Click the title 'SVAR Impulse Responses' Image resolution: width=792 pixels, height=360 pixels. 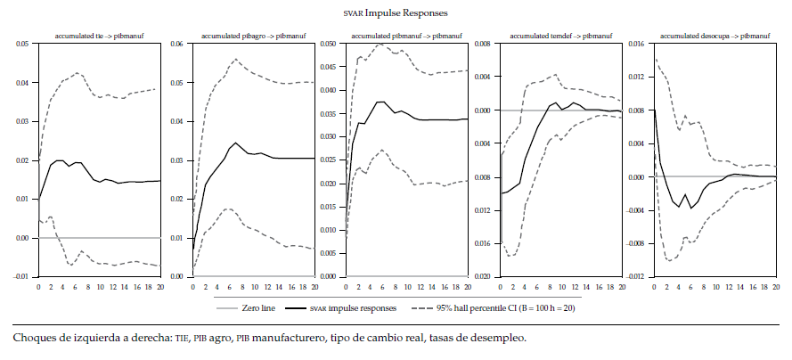[x=396, y=13]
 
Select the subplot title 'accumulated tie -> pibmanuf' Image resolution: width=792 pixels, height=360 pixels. [x=100, y=37]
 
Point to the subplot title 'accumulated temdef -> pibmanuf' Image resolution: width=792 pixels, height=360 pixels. [x=559, y=37]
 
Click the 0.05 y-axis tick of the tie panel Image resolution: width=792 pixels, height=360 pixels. [x=21, y=44]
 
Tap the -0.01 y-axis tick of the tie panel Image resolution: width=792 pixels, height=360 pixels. [x=20, y=276]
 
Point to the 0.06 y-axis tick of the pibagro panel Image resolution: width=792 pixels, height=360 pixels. [x=176, y=44]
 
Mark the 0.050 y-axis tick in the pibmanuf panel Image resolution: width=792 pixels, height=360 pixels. [x=326, y=44]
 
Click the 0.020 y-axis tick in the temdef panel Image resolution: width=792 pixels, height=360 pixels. [x=480, y=276]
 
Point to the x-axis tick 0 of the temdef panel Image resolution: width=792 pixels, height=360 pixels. [x=501, y=286]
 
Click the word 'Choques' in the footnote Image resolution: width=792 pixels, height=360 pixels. [x=33, y=339]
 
